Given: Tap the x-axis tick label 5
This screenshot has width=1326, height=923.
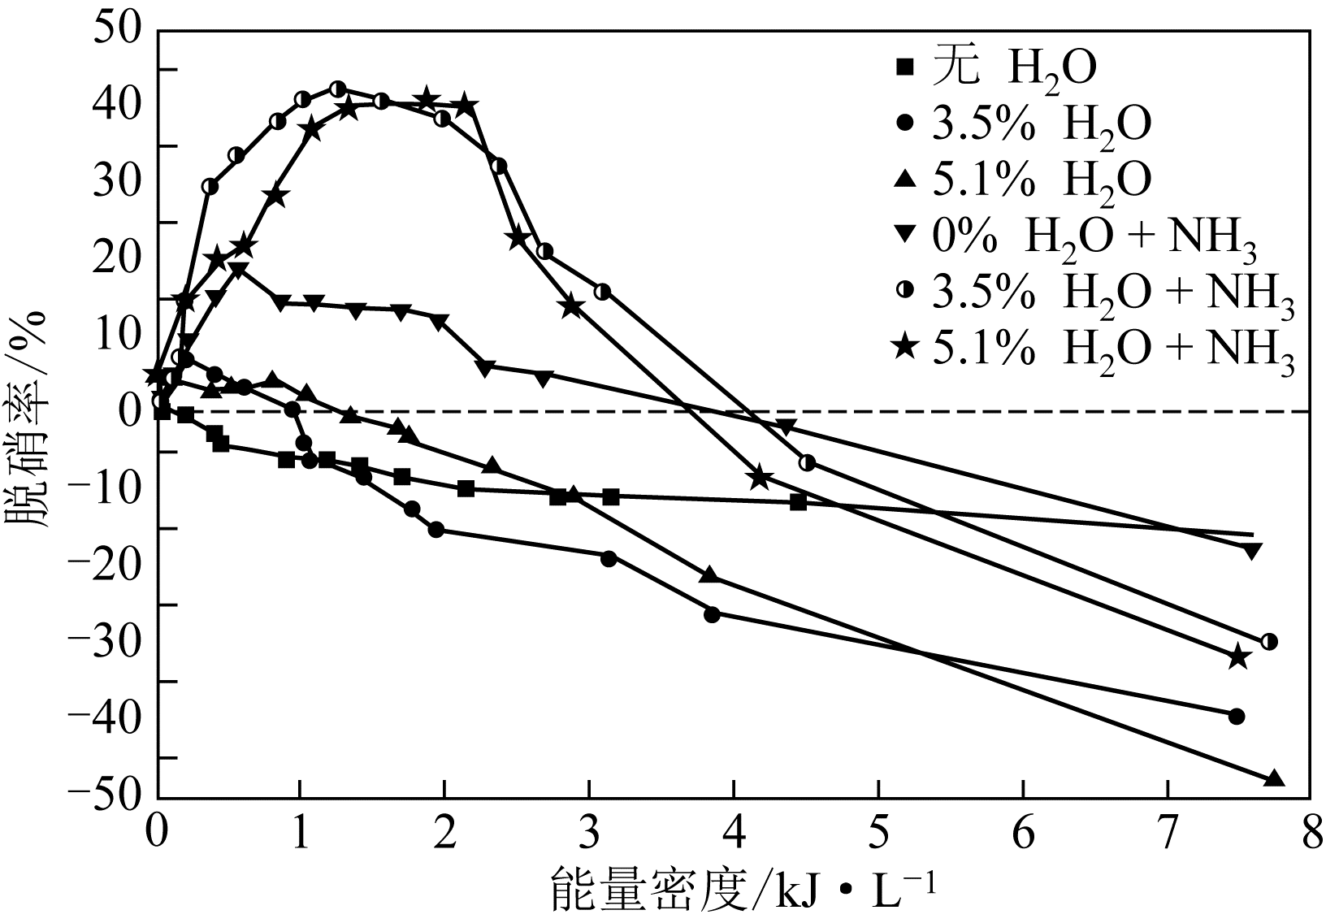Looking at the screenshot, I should click(878, 834).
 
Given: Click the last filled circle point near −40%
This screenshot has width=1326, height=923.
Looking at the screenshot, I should click(1237, 716).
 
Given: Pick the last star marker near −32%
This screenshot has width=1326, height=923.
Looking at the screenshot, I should click(1238, 656).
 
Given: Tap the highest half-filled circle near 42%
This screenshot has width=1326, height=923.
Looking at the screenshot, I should click(339, 89).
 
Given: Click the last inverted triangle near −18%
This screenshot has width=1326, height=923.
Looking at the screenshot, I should click(1252, 551).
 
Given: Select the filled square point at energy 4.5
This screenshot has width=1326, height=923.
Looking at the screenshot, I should click(798, 502).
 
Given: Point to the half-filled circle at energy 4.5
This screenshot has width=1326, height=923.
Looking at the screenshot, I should click(807, 462).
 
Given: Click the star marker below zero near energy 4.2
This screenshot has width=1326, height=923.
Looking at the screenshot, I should click(759, 478).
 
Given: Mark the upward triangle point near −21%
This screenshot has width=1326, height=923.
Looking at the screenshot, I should click(708, 574).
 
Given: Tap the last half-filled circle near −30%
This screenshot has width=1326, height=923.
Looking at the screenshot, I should click(1269, 641).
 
